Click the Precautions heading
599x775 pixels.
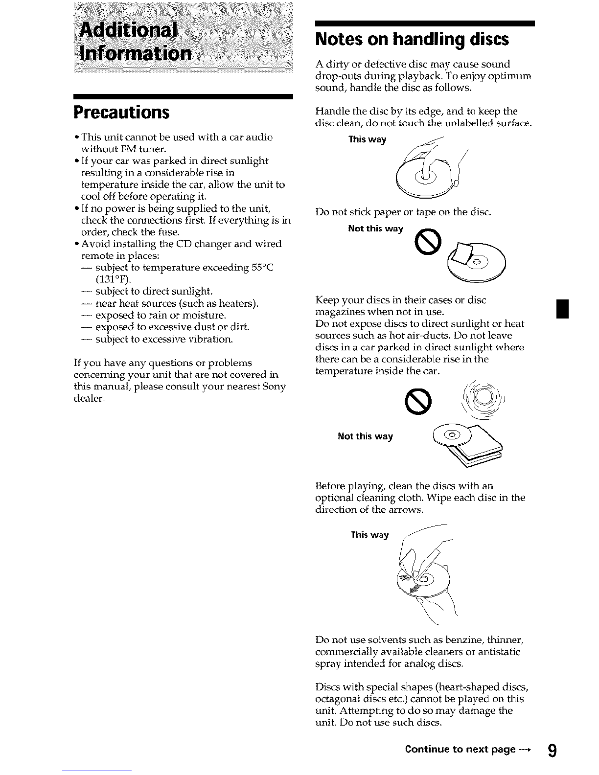[121, 113]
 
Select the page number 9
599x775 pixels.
[552, 750]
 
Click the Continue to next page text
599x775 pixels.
[465, 750]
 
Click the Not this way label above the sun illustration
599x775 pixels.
[365, 436]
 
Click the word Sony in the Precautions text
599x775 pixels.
[274, 387]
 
